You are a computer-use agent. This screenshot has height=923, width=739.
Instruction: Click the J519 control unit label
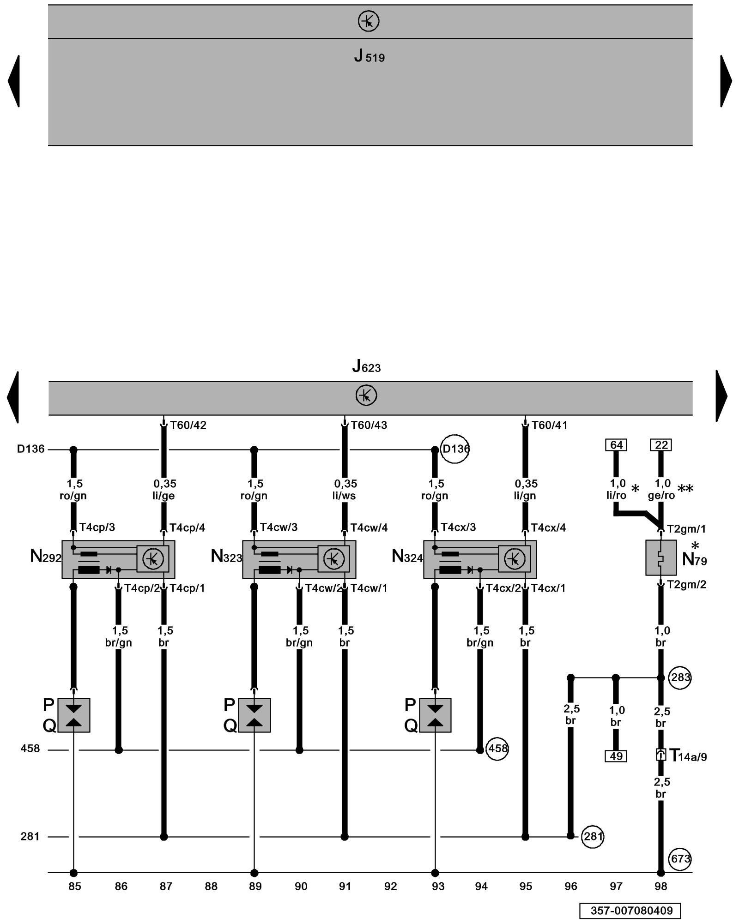tap(369, 56)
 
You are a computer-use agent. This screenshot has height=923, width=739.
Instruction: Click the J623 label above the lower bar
tap(366, 366)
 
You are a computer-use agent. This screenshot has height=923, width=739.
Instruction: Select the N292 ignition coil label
tap(45, 557)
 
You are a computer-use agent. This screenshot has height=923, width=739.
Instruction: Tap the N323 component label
tap(226, 557)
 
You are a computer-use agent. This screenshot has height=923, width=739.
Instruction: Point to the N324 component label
tap(407, 557)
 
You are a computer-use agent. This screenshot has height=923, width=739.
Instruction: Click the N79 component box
tap(660, 557)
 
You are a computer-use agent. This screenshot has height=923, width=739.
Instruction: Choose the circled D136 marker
tap(455, 449)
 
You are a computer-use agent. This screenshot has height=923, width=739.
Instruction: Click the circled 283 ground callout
tap(680, 677)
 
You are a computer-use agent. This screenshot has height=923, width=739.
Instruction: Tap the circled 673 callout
tap(680, 859)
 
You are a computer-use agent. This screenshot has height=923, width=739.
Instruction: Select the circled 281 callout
tap(592, 836)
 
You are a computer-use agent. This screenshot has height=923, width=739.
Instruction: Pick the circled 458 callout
tap(497, 748)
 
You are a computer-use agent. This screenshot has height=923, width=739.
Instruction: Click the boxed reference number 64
tap(616, 445)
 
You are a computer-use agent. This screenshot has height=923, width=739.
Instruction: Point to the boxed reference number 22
tap(661, 445)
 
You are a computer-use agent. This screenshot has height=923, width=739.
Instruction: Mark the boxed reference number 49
tap(616, 756)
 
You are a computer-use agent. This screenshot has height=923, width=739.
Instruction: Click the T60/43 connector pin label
tap(369, 425)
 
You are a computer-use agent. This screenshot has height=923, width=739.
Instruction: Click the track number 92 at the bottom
tap(391, 886)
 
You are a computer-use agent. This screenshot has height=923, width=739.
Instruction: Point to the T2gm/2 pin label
tap(686, 585)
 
